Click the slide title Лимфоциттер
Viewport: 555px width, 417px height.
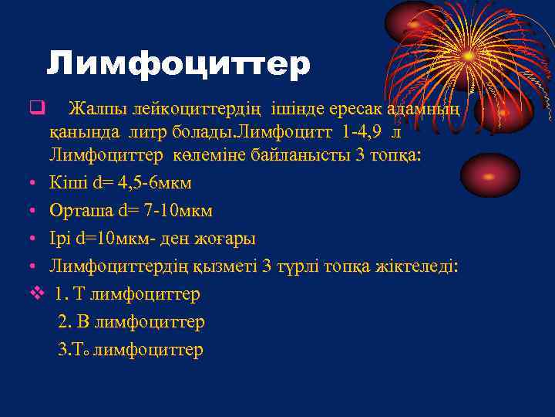[178, 64]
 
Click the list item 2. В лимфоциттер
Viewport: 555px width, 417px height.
[131, 322]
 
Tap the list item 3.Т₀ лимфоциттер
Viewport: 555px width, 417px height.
[131, 350]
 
